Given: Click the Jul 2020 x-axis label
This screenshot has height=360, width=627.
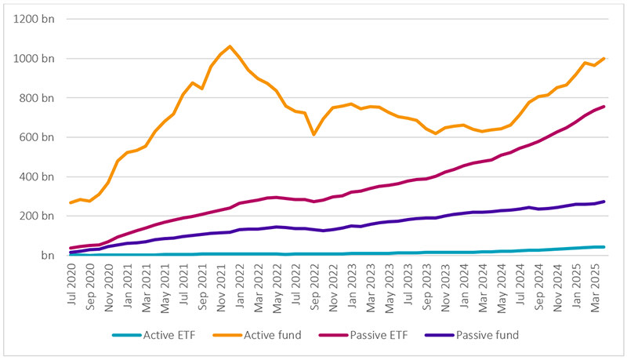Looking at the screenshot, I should click(71, 282).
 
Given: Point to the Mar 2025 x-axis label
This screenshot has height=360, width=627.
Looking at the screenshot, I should click(603, 283).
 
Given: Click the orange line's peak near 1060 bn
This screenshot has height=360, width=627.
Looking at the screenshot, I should click(230, 46).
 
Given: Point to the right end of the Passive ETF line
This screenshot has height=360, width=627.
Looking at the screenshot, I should click(603, 107).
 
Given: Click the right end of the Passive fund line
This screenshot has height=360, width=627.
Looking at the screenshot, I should click(603, 202).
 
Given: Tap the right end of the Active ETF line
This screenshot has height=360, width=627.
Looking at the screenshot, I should click(603, 247).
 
